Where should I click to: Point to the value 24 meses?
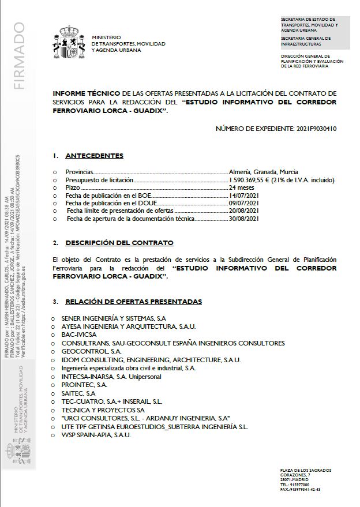[242, 188]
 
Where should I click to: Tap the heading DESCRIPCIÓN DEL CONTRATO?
[119, 243]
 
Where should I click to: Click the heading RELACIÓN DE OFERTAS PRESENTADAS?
[133, 302]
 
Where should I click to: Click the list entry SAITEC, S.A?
[78, 392]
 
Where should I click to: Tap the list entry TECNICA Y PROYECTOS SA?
[94, 409]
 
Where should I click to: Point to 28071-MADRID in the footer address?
[294, 479]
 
